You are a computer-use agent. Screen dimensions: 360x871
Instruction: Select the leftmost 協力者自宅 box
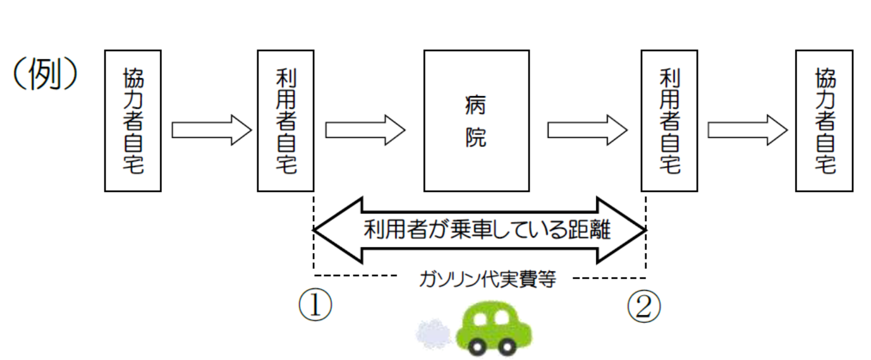[x=133, y=121]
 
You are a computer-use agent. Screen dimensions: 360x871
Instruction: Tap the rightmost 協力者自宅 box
[x=824, y=121]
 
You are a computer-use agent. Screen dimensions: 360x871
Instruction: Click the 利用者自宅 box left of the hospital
[x=286, y=121]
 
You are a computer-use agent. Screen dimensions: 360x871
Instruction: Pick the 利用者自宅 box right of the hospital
[x=669, y=121]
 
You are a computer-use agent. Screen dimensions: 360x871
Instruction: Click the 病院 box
[x=476, y=121]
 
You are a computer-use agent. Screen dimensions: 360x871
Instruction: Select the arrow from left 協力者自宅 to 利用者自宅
[x=211, y=130]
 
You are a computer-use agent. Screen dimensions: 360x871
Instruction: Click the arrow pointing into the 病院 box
[x=365, y=130]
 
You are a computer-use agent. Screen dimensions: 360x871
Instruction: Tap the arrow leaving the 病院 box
[x=587, y=130]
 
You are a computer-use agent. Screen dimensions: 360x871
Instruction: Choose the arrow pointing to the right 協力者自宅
[x=747, y=130]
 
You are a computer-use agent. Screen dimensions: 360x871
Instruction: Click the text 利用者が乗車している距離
[x=480, y=230]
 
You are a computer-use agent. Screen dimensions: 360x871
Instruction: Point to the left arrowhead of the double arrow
[x=338, y=230]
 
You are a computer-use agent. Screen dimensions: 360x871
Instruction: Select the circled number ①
[x=315, y=307]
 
